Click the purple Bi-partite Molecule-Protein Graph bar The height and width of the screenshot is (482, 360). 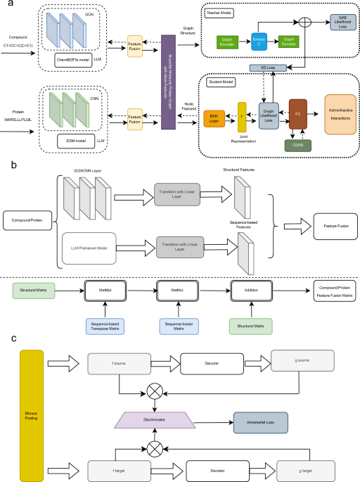click(167, 80)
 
